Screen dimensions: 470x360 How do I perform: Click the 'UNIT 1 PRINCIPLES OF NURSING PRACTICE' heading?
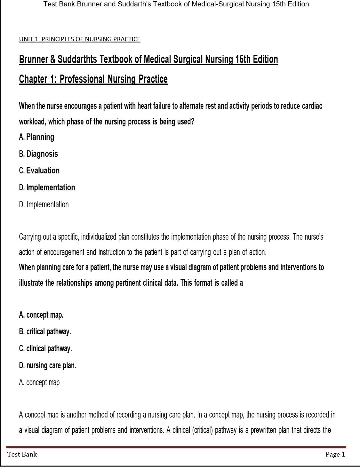[x=80, y=39]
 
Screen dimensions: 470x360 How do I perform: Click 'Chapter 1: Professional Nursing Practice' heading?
[x=93, y=79]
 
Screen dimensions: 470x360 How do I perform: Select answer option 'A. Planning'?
[x=36, y=137]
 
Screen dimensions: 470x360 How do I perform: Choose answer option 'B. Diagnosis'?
[x=38, y=154]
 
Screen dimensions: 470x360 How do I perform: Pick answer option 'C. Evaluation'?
[x=39, y=171]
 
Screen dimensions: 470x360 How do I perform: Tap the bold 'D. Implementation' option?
[x=47, y=187]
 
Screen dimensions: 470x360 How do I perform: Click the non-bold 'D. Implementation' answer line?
[x=44, y=204]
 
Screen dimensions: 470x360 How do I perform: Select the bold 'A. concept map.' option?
[x=41, y=315]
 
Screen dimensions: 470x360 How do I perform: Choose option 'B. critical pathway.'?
[x=45, y=332]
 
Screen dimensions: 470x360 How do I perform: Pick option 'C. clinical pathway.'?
[x=45, y=348]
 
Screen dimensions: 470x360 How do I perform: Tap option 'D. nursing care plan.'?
[x=47, y=365]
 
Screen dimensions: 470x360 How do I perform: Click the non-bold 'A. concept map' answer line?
[x=39, y=382]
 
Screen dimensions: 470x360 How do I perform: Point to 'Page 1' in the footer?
[x=335, y=454]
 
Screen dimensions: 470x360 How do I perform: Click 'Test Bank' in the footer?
[x=22, y=454]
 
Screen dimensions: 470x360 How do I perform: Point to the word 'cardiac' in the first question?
[x=312, y=106]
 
